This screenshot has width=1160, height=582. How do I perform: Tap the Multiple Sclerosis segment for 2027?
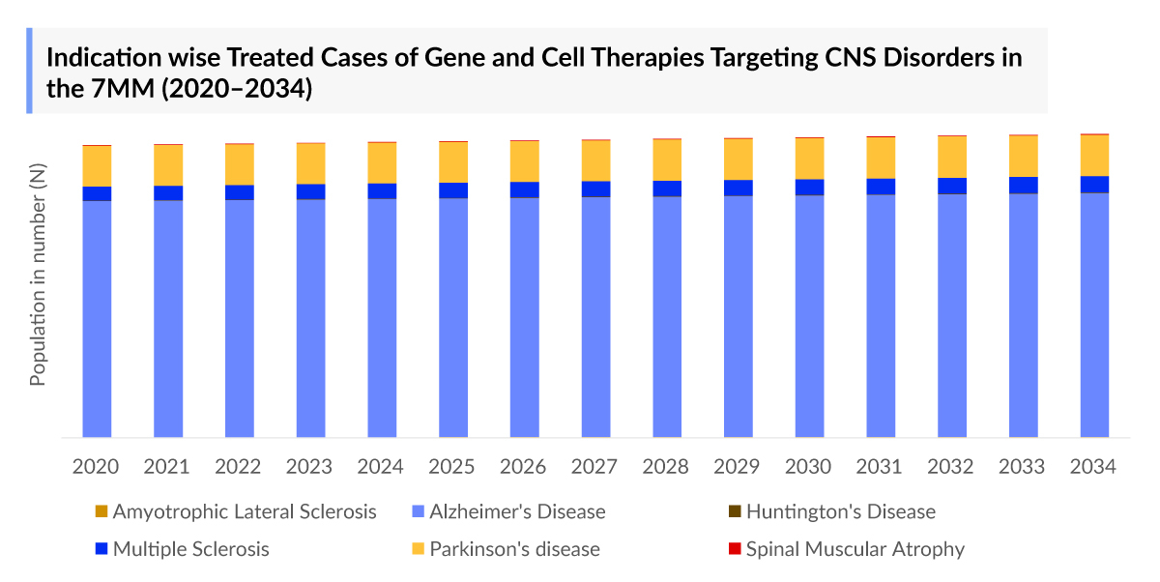pyautogui.click(x=595, y=189)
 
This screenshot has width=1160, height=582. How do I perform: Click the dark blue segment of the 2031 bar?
pyautogui.click(x=881, y=187)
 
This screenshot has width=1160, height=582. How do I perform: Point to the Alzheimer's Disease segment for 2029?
pyautogui.click(x=739, y=316)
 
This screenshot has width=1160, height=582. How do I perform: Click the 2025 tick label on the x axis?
pyautogui.click(x=452, y=467)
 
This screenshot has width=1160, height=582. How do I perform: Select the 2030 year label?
pyautogui.click(x=809, y=467)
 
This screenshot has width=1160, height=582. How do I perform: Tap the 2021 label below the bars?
pyautogui.click(x=167, y=467)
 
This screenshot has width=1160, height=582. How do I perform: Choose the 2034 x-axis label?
pyautogui.click(x=1094, y=467)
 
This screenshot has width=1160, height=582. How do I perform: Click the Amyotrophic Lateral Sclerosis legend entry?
pyautogui.click(x=245, y=511)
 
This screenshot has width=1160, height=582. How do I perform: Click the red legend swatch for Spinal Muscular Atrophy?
pyautogui.click(x=735, y=549)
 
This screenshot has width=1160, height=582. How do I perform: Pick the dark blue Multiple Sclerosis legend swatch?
pyautogui.click(x=101, y=549)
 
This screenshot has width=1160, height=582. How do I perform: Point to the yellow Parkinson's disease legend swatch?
pyautogui.click(x=418, y=549)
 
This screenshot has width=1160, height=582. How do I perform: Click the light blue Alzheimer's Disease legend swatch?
pyautogui.click(x=418, y=511)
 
